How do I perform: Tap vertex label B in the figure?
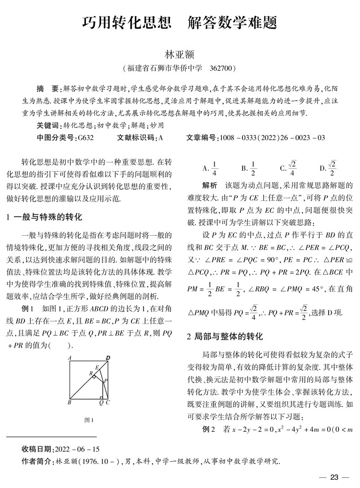(69, 403)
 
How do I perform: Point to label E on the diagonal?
(97, 367)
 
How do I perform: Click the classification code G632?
(85, 138)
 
